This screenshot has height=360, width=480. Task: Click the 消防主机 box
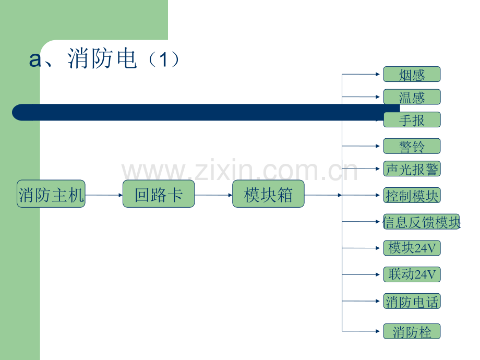(51, 194)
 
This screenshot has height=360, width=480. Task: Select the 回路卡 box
(159, 194)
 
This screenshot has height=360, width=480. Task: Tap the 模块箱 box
(268, 194)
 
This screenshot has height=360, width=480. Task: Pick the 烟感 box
(412, 75)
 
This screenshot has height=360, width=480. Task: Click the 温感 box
(412, 97)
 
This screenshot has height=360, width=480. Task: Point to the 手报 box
(412, 119)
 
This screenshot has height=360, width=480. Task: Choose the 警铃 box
(412, 146)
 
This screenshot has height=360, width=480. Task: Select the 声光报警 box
(412, 169)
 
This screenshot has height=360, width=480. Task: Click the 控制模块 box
(412, 195)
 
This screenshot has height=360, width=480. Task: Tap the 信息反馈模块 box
(421, 222)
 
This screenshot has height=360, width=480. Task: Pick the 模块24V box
(412, 248)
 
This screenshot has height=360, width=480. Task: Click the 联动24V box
(412, 274)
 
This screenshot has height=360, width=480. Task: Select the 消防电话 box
(412, 301)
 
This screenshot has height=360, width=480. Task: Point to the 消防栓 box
(412, 331)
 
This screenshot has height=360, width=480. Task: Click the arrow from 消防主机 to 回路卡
(104, 195)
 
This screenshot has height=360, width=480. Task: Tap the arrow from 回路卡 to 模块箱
(213, 195)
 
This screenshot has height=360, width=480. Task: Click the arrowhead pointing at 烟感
(378, 74)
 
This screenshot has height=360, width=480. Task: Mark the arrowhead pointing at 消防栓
(378, 331)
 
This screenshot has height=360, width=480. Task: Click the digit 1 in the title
(163, 59)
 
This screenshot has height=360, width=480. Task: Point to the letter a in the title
(35, 59)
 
